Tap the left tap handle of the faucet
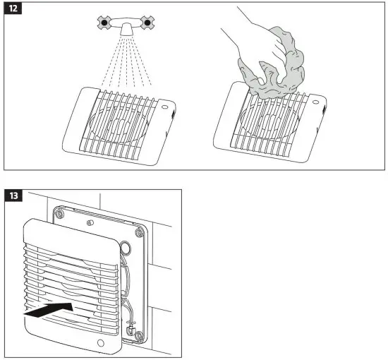pos(104,23)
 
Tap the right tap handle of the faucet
pos(147,23)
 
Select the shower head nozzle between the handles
pos(126,30)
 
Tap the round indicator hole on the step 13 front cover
pos(101,344)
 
